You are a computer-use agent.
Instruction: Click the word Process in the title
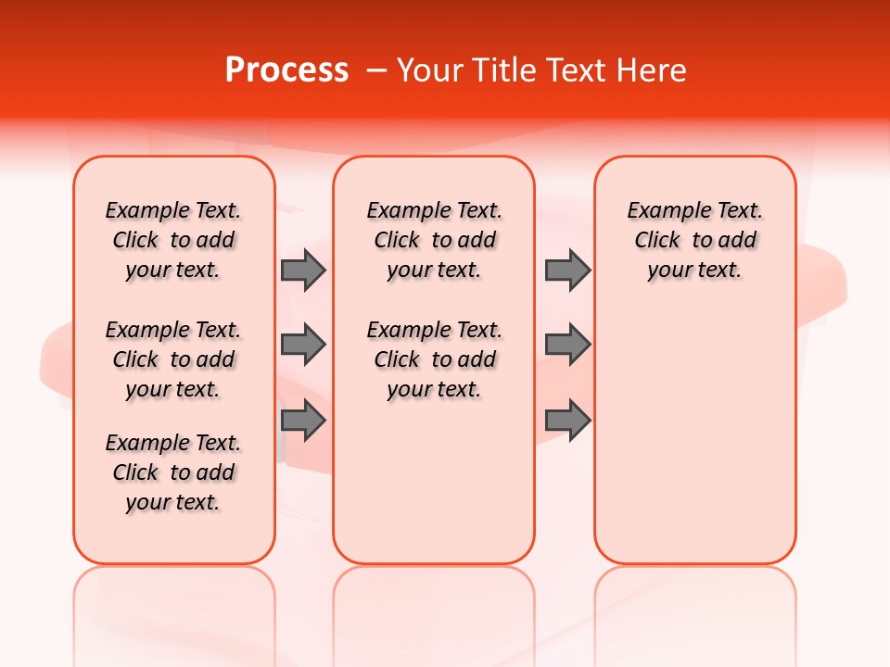(x=286, y=70)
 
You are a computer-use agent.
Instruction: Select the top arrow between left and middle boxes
(x=303, y=270)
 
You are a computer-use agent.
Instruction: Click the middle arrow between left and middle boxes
(x=303, y=345)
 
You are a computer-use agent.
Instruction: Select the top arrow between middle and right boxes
(x=567, y=270)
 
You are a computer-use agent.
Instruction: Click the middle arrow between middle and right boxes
(x=567, y=345)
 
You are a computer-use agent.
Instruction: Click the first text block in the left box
(x=173, y=240)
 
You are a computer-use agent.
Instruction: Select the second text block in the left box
(x=173, y=359)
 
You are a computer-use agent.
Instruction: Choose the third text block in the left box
(x=173, y=472)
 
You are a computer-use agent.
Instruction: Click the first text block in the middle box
(x=434, y=240)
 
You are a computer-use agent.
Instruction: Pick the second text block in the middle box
(x=434, y=359)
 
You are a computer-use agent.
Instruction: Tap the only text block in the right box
(x=694, y=240)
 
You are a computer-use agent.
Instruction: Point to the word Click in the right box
(x=657, y=241)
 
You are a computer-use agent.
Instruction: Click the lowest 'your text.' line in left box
(x=173, y=502)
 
